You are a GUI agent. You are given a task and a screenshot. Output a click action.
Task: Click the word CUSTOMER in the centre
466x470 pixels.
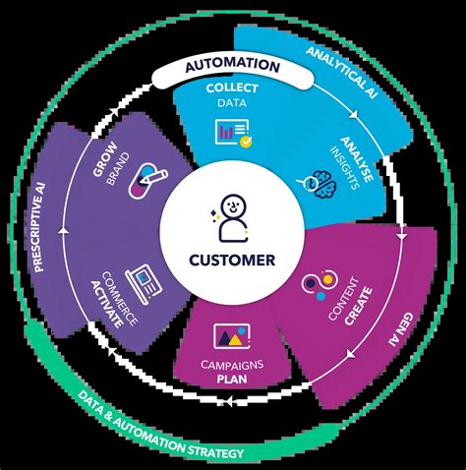[233, 262]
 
